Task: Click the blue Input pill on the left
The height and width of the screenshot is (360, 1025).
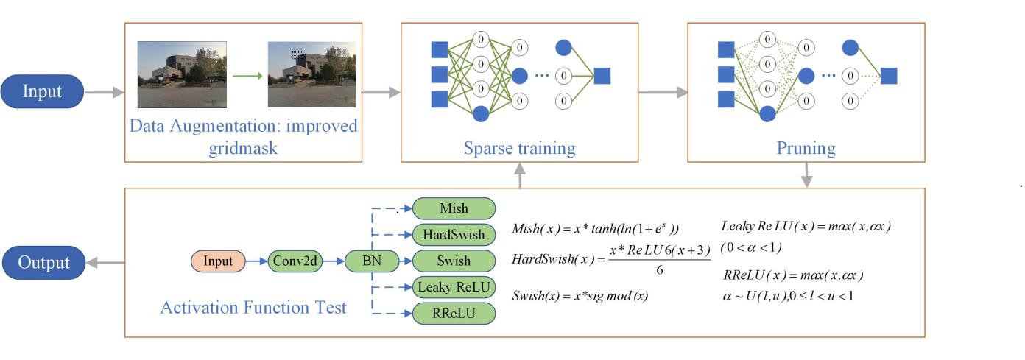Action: pos(43,92)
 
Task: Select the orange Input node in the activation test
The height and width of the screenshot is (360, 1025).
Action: pos(218,261)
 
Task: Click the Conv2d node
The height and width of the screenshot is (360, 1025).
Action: pos(294,261)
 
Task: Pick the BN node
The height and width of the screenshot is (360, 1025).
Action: pos(372,261)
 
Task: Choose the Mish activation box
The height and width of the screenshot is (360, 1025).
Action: pos(454,208)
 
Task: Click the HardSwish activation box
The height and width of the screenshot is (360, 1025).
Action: pos(454,234)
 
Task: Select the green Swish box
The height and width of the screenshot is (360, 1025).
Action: pos(454,261)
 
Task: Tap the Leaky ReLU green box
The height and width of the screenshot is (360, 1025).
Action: pos(454,287)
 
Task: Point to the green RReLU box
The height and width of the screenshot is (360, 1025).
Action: pos(454,314)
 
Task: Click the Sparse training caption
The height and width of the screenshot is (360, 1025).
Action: pos(519,148)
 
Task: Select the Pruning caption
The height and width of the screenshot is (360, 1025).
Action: pos(806,148)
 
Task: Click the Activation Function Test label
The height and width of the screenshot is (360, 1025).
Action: pos(253,307)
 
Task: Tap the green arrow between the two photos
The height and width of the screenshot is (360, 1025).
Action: pos(247,74)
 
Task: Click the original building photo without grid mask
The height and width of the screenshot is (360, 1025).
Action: pos(182,74)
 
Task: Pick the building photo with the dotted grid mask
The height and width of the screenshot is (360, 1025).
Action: pos(311,74)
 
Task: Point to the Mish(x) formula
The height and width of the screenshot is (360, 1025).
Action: pos(595,228)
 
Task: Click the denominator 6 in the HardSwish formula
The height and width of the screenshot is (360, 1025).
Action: pos(659,271)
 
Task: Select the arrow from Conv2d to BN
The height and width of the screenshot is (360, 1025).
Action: pos(334,261)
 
